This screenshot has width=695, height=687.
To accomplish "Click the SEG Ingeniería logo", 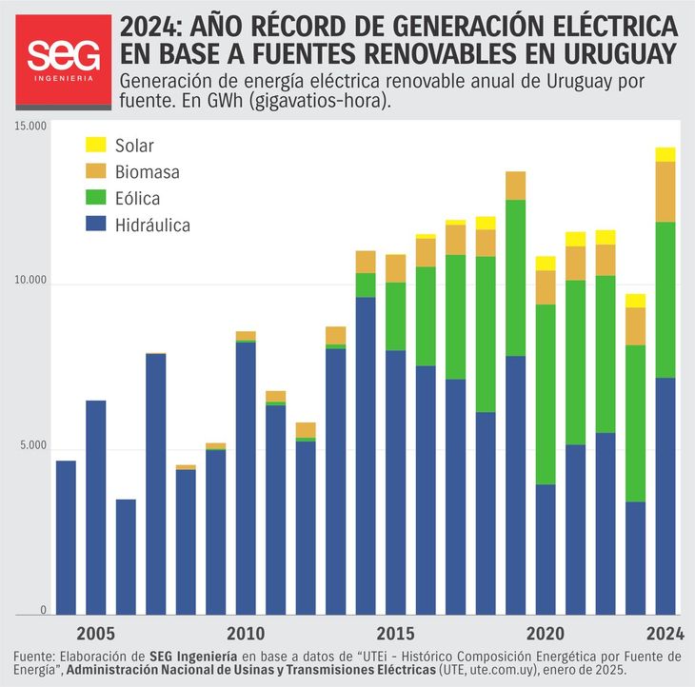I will tap(61, 60).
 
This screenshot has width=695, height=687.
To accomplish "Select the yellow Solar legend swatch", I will tap(96, 146).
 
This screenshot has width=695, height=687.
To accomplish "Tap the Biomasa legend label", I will tap(147, 172).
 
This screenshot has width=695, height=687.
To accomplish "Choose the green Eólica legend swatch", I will tap(96, 199).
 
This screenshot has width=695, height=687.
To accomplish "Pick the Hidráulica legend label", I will tap(152, 226).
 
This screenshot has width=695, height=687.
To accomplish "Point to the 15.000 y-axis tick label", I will tap(30, 127).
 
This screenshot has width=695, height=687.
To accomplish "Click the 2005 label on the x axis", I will tap(95, 634).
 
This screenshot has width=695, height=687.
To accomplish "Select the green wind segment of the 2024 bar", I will tap(665, 300).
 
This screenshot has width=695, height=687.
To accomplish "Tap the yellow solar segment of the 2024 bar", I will tap(665, 154).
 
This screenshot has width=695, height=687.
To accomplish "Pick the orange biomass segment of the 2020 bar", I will tap(546, 287).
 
